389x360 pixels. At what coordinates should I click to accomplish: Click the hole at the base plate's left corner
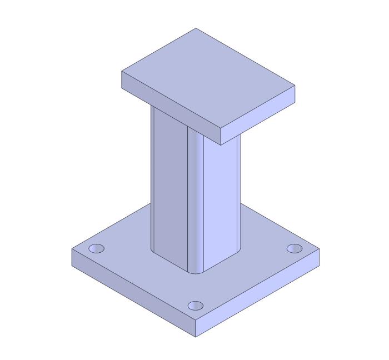point(97,248)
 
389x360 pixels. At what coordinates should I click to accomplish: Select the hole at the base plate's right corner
point(295,248)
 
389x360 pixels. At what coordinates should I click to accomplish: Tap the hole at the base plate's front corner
point(196,306)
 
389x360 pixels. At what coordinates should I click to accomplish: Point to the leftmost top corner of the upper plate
point(122,72)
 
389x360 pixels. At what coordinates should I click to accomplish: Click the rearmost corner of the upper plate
point(196,28)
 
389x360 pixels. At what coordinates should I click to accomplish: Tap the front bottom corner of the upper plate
point(221,145)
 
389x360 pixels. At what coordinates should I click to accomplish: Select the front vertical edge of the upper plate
point(221,137)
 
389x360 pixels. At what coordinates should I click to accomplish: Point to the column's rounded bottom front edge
point(196,273)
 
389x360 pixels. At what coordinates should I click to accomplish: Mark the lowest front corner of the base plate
point(196,337)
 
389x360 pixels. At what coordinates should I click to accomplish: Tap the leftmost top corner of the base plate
point(72,249)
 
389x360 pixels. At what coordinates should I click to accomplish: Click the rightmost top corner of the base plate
point(320,249)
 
